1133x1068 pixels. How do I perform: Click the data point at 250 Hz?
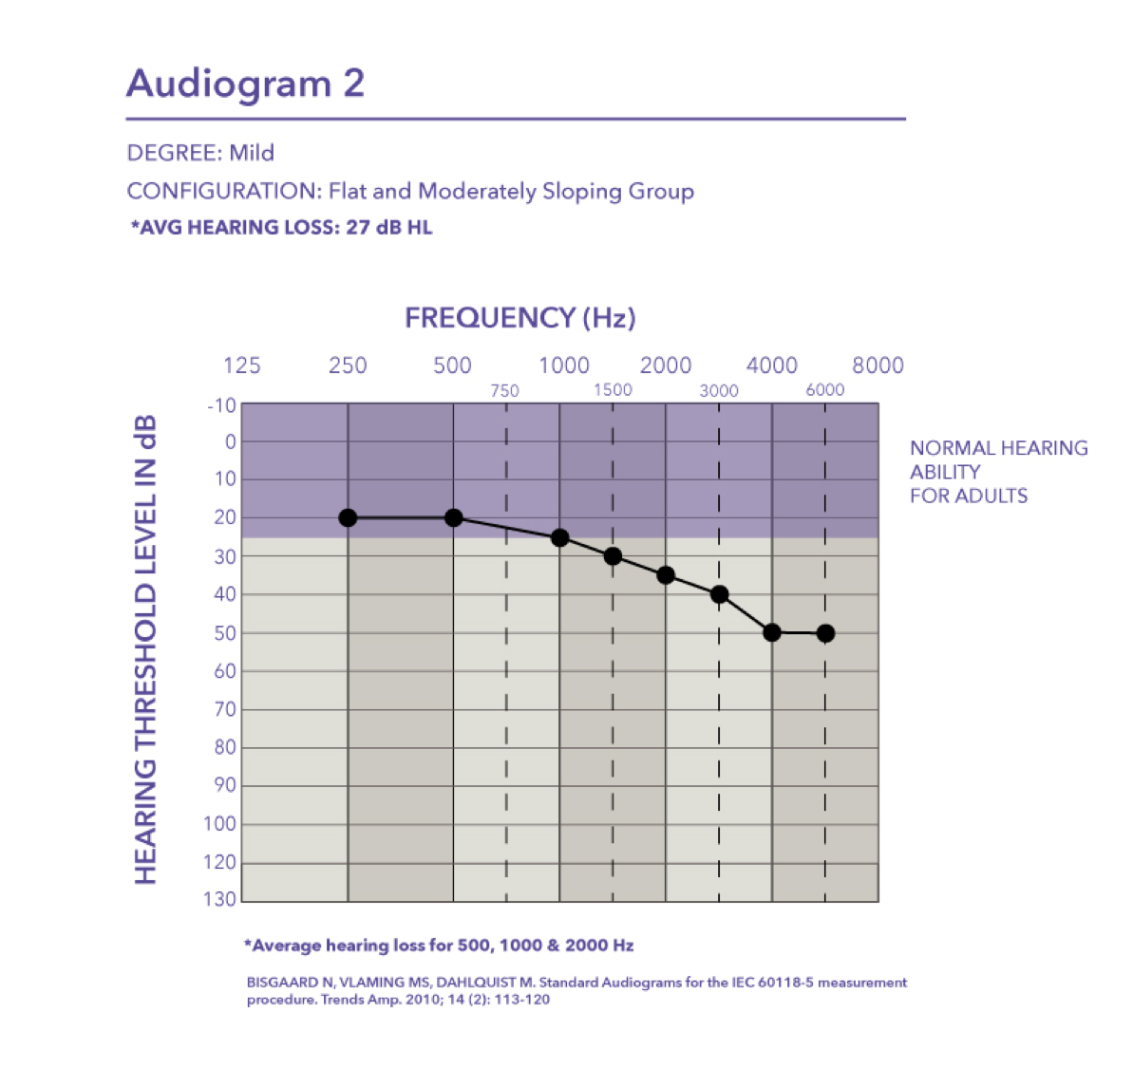(x=348, y=517)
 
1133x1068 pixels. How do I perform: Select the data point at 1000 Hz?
(x=559, y=537)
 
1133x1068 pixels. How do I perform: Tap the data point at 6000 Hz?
(x=825, y=633)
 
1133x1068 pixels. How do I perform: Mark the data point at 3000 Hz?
(x=719, y=594)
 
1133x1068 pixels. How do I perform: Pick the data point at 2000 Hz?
(x=666, y=575)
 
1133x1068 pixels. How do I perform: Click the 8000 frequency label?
(x=878, y=365)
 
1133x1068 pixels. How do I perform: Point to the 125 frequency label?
(x=241, y=365)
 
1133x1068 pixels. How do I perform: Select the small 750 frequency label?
(x=504, y=391)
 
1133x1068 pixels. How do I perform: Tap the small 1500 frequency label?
(x=613, y=390)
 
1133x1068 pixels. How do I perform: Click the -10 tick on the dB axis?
(x=222, y=405)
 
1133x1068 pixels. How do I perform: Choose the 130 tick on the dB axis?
(x=219, y=899)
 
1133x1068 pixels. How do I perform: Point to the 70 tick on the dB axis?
(x=225, y=709)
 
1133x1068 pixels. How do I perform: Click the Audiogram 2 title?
(x=246, y=83)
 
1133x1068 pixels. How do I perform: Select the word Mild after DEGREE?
(x=252, y=152)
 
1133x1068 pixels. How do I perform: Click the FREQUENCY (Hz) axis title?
(x=520, y=318)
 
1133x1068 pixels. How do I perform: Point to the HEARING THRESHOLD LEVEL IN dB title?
(x=145, y=649)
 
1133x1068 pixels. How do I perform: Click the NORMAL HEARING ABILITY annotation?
(x=998, y=472)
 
